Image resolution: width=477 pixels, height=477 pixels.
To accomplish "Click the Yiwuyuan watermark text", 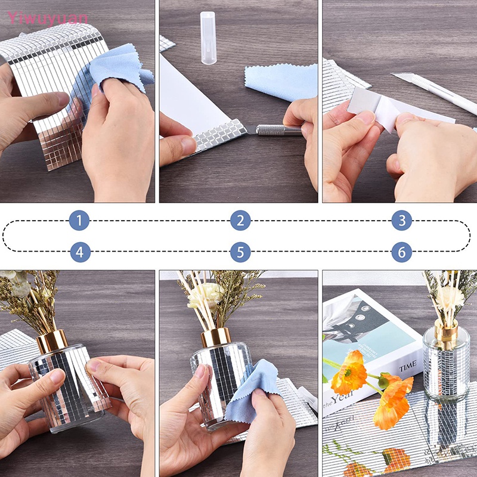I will (48, 18).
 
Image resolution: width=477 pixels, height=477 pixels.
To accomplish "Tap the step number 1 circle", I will (79, 221).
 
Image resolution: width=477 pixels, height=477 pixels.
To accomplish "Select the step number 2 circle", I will (240, 221).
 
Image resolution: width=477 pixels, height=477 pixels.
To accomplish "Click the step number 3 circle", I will (402, 221).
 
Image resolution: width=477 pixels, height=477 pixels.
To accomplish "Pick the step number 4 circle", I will (80, 252).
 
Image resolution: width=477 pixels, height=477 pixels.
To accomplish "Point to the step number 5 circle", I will (240, 252).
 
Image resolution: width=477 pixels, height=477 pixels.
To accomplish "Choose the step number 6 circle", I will (402, 252).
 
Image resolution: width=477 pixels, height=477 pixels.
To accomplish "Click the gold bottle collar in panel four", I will (52, 341).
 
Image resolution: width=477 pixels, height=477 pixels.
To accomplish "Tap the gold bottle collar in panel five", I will (215, 337).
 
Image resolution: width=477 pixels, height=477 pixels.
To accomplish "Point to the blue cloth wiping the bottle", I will (250, 391).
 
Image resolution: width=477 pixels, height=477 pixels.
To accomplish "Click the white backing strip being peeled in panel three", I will (382, 107).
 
